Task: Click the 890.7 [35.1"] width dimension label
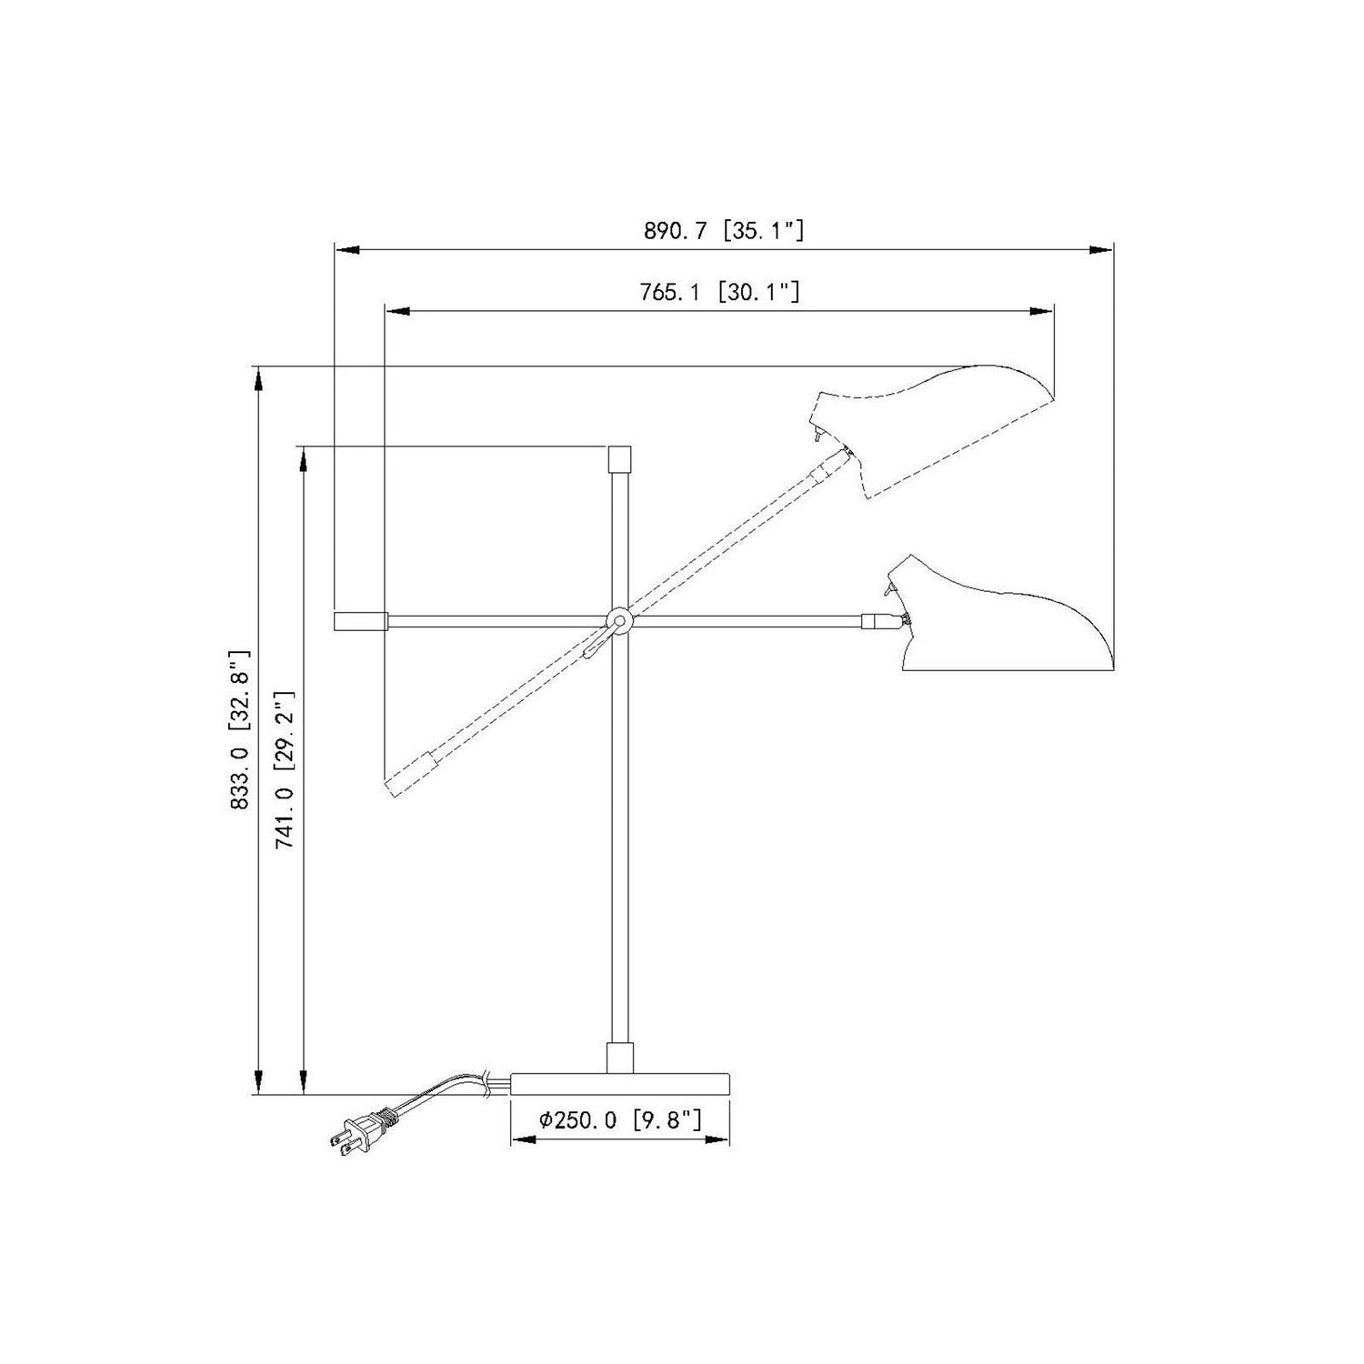coord(724,231)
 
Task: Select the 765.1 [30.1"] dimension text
coord(719,292)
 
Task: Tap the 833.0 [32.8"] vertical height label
coord(238,729)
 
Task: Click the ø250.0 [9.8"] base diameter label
coord(620,1119)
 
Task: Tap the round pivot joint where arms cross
coord(619,621)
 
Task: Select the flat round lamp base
coord(620,1084)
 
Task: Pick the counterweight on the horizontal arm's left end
coord(361,621)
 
